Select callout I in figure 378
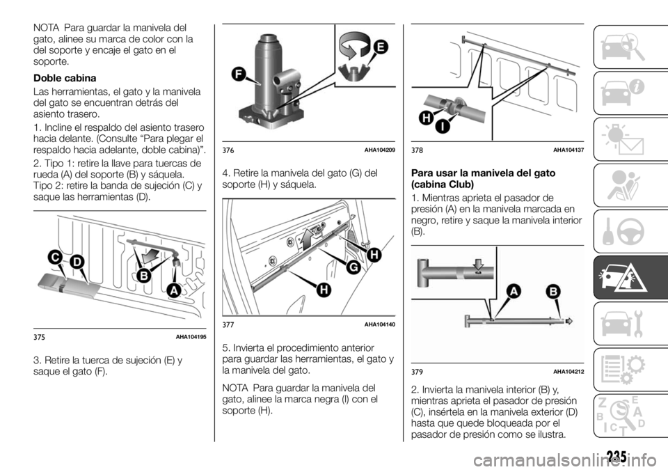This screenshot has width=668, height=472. pyautogui.click(x=441, y=127)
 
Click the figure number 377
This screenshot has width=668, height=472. pyautogui.click(x=230, y=324)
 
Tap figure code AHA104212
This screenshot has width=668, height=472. pyautogui.click(x=568, y=372)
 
